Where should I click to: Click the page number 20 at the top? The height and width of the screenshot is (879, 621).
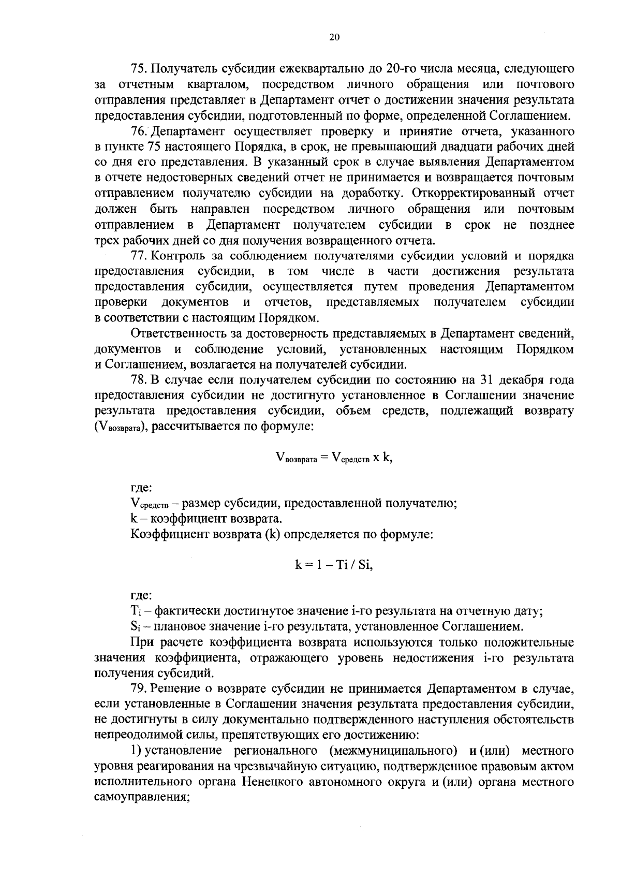point(334,37)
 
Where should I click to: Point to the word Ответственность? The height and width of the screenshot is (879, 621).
point(187,334)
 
